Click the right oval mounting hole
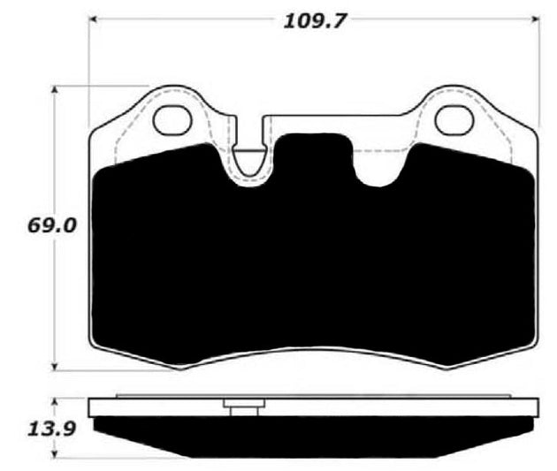[456, 120]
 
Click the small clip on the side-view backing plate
[244, 407]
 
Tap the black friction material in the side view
[314, 435]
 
